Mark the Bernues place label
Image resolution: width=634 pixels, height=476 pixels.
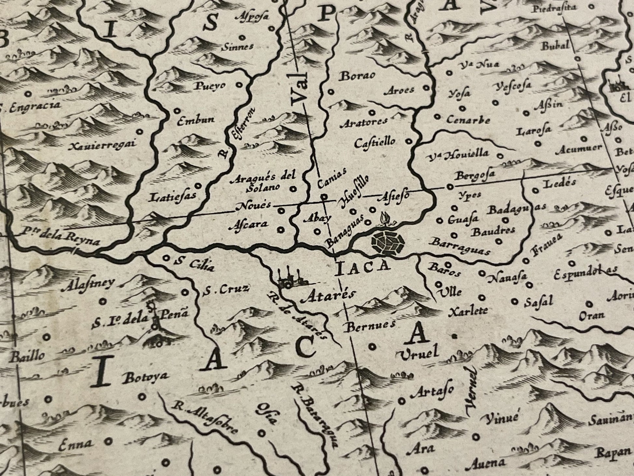click(369, 325)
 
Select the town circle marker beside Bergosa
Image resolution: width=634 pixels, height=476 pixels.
click(450, 186)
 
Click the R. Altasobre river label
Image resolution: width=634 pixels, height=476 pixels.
click(204, 418)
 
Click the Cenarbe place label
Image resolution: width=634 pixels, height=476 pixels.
click(468, 120)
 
